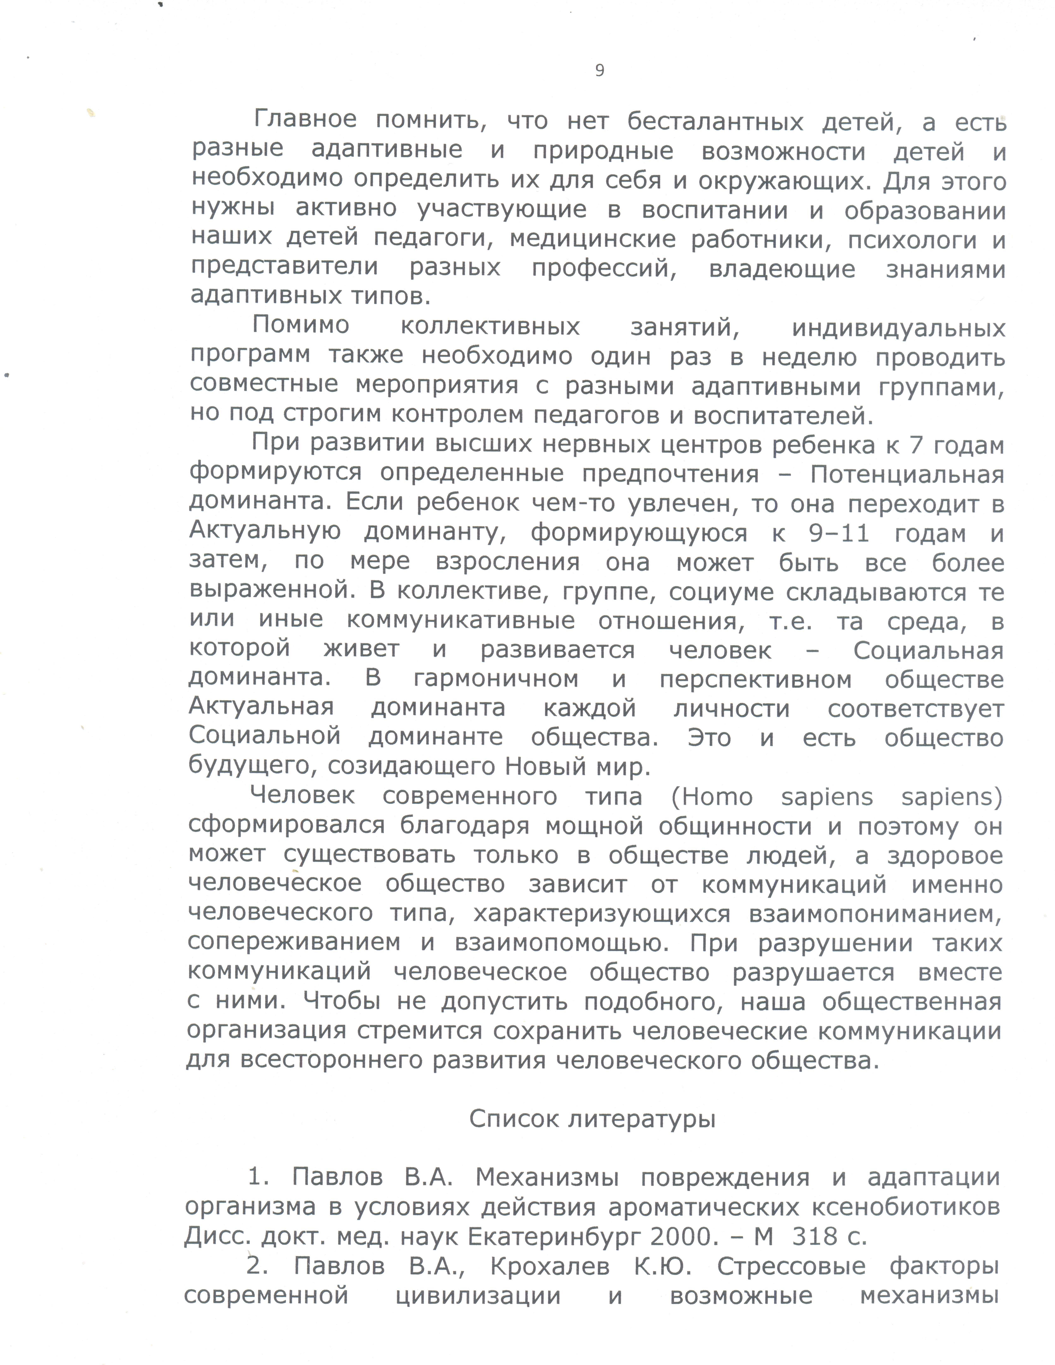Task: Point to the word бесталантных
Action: point(715,122)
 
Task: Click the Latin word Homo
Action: point(717,797)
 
